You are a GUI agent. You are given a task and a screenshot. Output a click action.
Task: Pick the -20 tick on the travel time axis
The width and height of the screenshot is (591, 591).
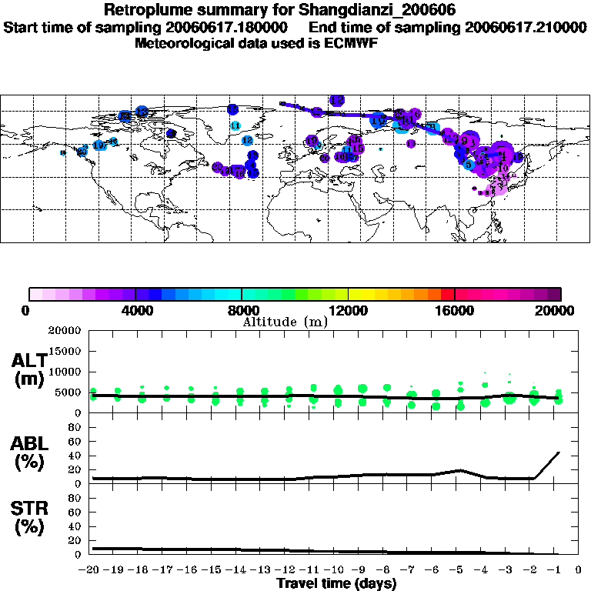coord(90,570)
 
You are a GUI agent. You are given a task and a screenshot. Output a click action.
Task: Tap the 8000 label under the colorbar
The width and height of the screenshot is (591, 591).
coord(242,310)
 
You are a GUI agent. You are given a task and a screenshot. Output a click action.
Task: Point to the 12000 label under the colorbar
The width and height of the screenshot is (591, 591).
coord(348,310)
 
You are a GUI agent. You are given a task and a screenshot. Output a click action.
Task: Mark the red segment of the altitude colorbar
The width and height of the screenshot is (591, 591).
coord(447,294)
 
